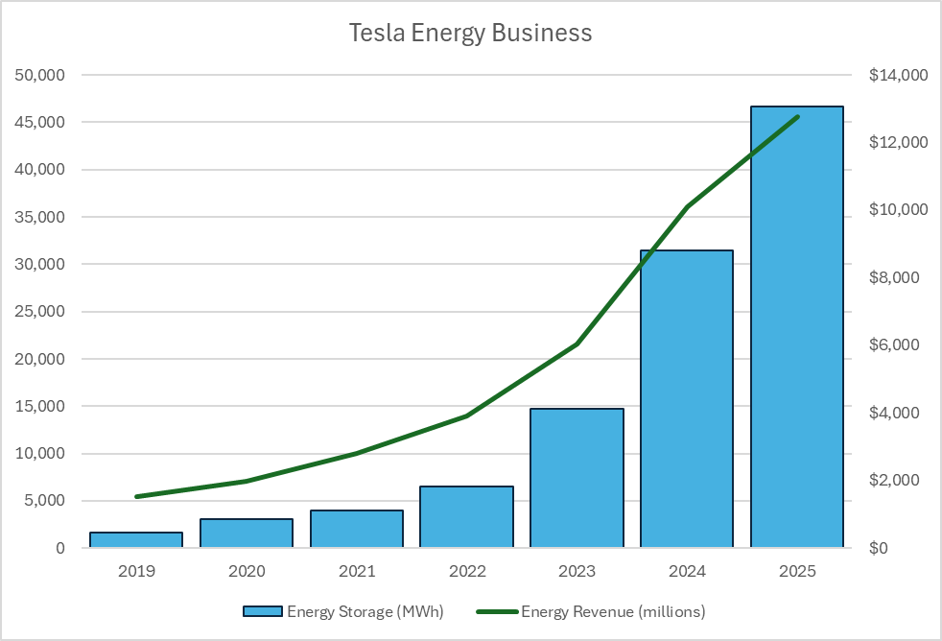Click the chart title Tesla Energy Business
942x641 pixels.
pyautogui.click(x=470, y=33)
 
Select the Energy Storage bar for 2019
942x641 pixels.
pyautogui.click(x=136, y=539)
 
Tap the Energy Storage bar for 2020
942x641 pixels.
pyautogui.click(x=247, y=533)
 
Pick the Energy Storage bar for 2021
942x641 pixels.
pyautogui.click(x=357, y=529)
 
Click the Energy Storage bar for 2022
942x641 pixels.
pyautogui.click(x=467, y=516)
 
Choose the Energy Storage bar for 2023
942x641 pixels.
pyautogui.click(x=577, y=478)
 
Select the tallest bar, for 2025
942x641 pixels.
pyautogui.click(x=797, y=327)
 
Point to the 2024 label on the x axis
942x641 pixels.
pyautogui.click(x=687, y=571)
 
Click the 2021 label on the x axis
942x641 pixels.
pyautogui.click(x=357, y=571)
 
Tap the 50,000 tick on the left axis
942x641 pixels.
pyautogui.click(x=39, y=75)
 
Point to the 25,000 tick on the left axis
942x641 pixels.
pyautogui.click(x=39, y=311)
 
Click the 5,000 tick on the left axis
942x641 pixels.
pyautogui.click(x=44, y=501)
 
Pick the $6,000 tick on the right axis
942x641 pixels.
pyautogui.click(x=895, y=344)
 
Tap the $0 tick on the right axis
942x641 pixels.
pyautogui.click(x=879, y=548)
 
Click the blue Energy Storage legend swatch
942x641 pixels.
pyautogui.click(x=263, y=611)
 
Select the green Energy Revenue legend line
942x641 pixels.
pyautogui.click(x=498, y=611)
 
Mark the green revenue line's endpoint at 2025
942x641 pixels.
pyautogui.click(x=797, y=116)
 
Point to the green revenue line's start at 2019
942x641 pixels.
pyautogui.click(x=137, y=497)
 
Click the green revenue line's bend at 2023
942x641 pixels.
pyautogui.click(x=577, y=344)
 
